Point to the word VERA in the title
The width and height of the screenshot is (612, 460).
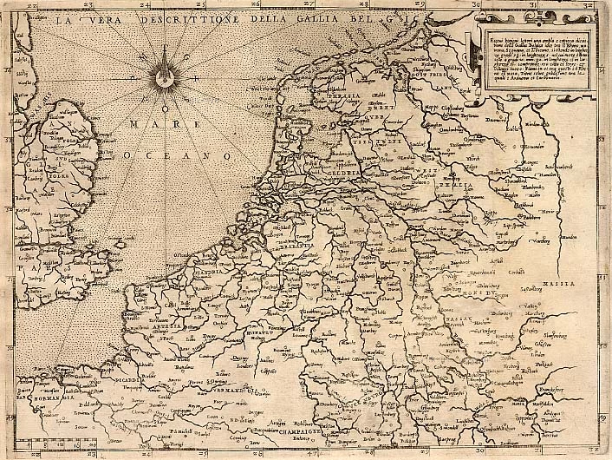point(102,17)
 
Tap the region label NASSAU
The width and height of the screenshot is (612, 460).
point(466,319)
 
